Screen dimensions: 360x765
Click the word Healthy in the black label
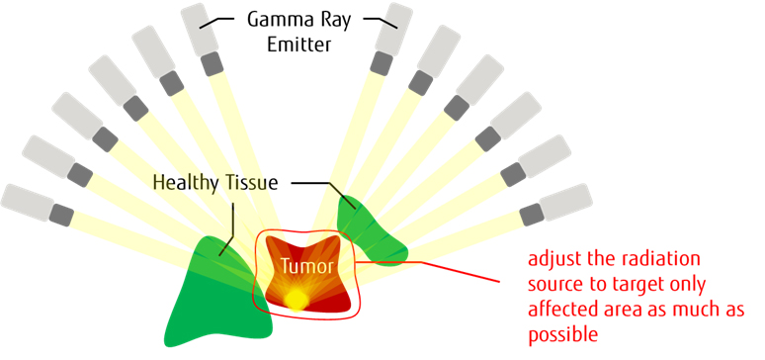tap(189, 182)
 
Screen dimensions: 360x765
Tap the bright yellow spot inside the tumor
tap(296, 300)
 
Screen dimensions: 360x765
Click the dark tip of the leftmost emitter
tap(62, 214)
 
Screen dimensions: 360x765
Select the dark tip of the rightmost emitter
tap(531, 212)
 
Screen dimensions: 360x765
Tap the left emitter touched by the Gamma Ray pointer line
tap(201, 30)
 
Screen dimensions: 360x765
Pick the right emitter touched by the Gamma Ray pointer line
tap(392, 30)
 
